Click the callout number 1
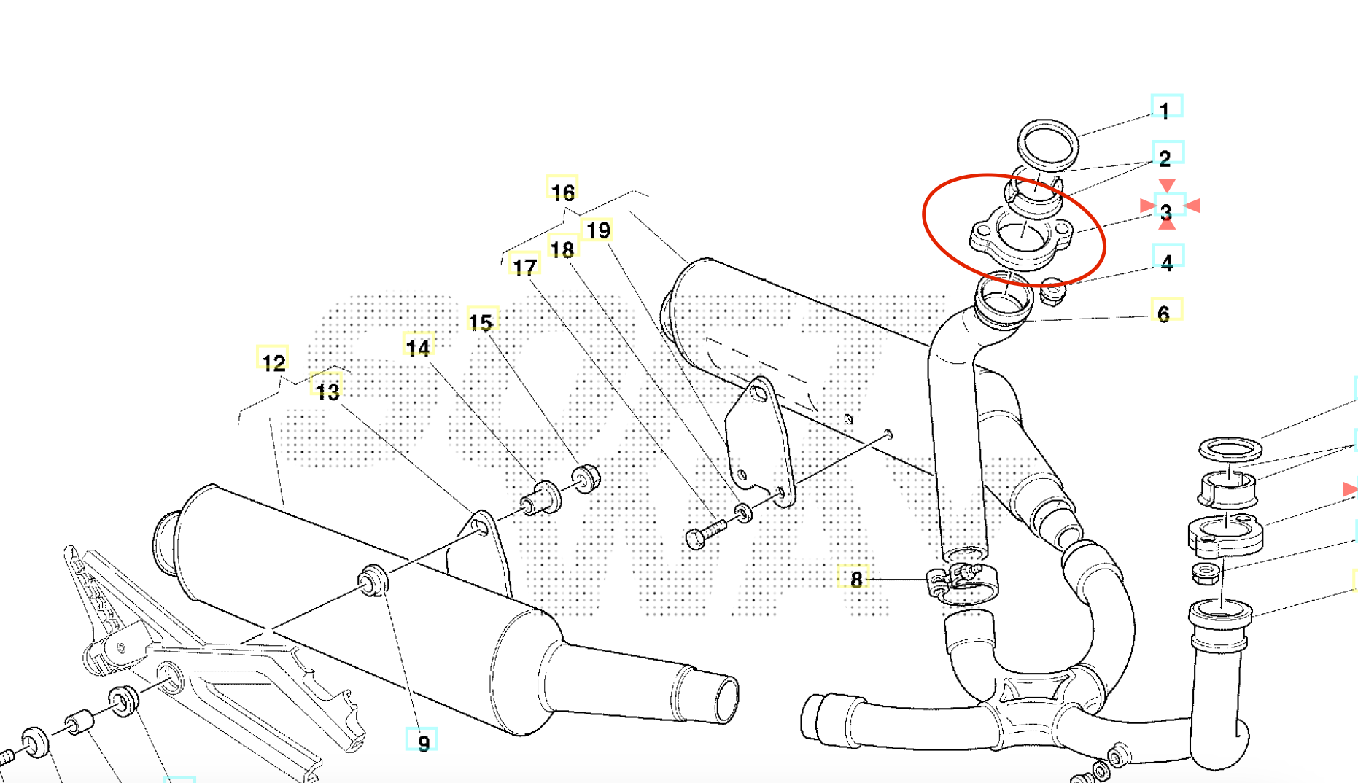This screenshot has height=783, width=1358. coord(1165,109)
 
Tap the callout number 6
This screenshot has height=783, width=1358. coord(1165,313)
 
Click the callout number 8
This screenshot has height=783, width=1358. coord(855,578)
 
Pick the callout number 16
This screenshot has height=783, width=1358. coord(562,191)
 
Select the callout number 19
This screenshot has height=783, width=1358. coord(598,230)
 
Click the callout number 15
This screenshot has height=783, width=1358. coord(481,321)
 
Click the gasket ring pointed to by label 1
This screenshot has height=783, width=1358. coord(1048,144)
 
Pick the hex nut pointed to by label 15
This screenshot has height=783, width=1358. coord(586,478)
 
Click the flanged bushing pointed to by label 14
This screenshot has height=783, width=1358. coord(541,498)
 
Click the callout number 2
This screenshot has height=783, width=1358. coord(1165,157)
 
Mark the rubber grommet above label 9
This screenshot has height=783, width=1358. coord(373,579)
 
